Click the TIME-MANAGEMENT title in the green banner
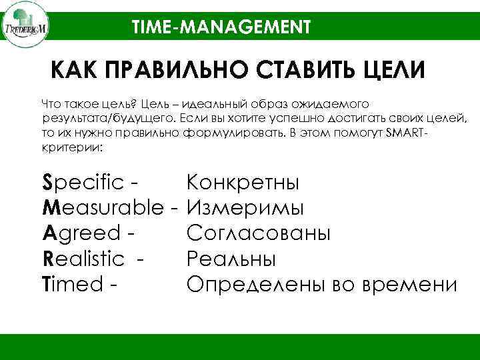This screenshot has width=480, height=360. click(221, 27)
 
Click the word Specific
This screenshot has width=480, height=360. click(83, 183)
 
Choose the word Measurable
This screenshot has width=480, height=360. click(104, 208)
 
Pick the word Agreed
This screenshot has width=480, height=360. click(81, 233)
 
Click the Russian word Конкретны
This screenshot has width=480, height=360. click(243, 183)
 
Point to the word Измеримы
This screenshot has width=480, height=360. click(245, 208)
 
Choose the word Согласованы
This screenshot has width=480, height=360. click(258, 233)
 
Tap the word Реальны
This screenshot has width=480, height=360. click(231, 259)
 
